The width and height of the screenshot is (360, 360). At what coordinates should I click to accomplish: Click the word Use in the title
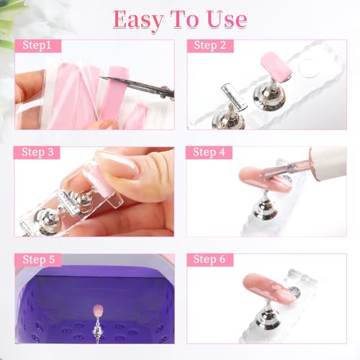click(227, 19)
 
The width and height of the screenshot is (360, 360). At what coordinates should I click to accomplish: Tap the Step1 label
click(37, 45)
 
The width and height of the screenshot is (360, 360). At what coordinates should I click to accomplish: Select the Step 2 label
click(210, 45)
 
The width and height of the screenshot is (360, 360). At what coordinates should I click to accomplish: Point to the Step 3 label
click(37, 152)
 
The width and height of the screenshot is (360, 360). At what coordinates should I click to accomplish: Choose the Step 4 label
click(209, 152)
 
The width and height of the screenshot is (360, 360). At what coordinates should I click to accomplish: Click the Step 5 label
click(39, 260)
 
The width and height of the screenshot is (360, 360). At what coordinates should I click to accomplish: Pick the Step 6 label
click(210, 259)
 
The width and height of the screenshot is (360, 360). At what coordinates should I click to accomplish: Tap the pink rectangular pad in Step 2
click(276, 66)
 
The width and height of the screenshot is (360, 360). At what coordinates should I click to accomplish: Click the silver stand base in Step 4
click(266, 208)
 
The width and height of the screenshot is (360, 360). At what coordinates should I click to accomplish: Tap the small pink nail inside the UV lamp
click(98, 310)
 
